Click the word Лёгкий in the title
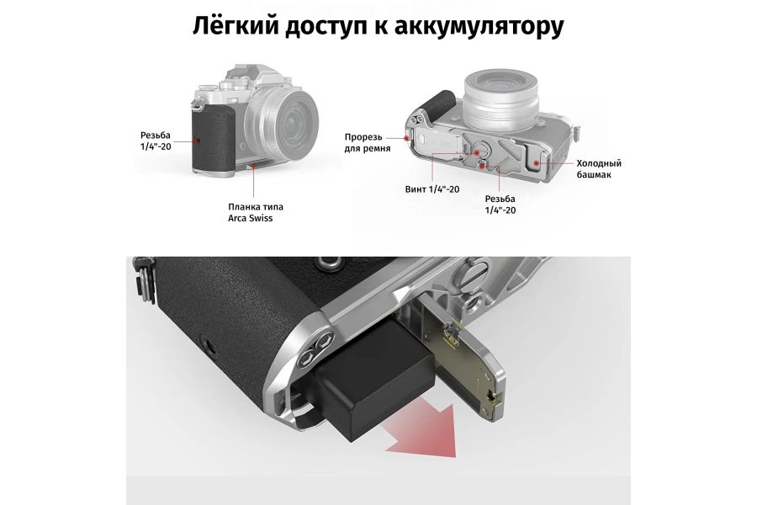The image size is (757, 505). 239,25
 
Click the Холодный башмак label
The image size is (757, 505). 599,169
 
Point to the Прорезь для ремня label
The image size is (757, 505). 363,143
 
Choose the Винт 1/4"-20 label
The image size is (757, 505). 432,189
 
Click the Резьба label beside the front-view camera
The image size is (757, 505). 158,140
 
